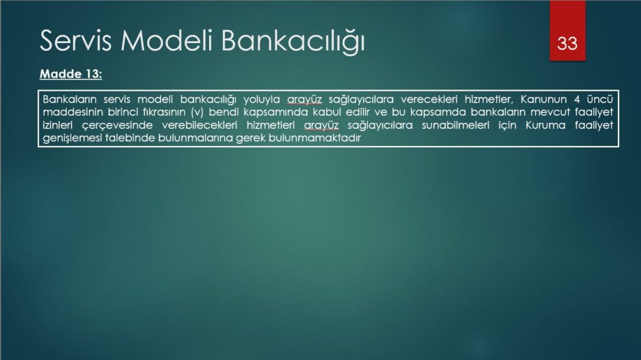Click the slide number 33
[567, 43]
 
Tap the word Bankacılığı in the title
[293, 41]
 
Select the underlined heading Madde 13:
[71, 74]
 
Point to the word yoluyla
[262, 100]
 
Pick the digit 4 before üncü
[577, 100]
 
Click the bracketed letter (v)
[197, 113]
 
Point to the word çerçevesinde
[117, 126]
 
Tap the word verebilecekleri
[200, 125]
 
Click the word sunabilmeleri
[456, 125]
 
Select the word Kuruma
[545, 125]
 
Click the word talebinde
[130, 138]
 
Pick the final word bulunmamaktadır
[315, 138]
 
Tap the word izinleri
[58, 125]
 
